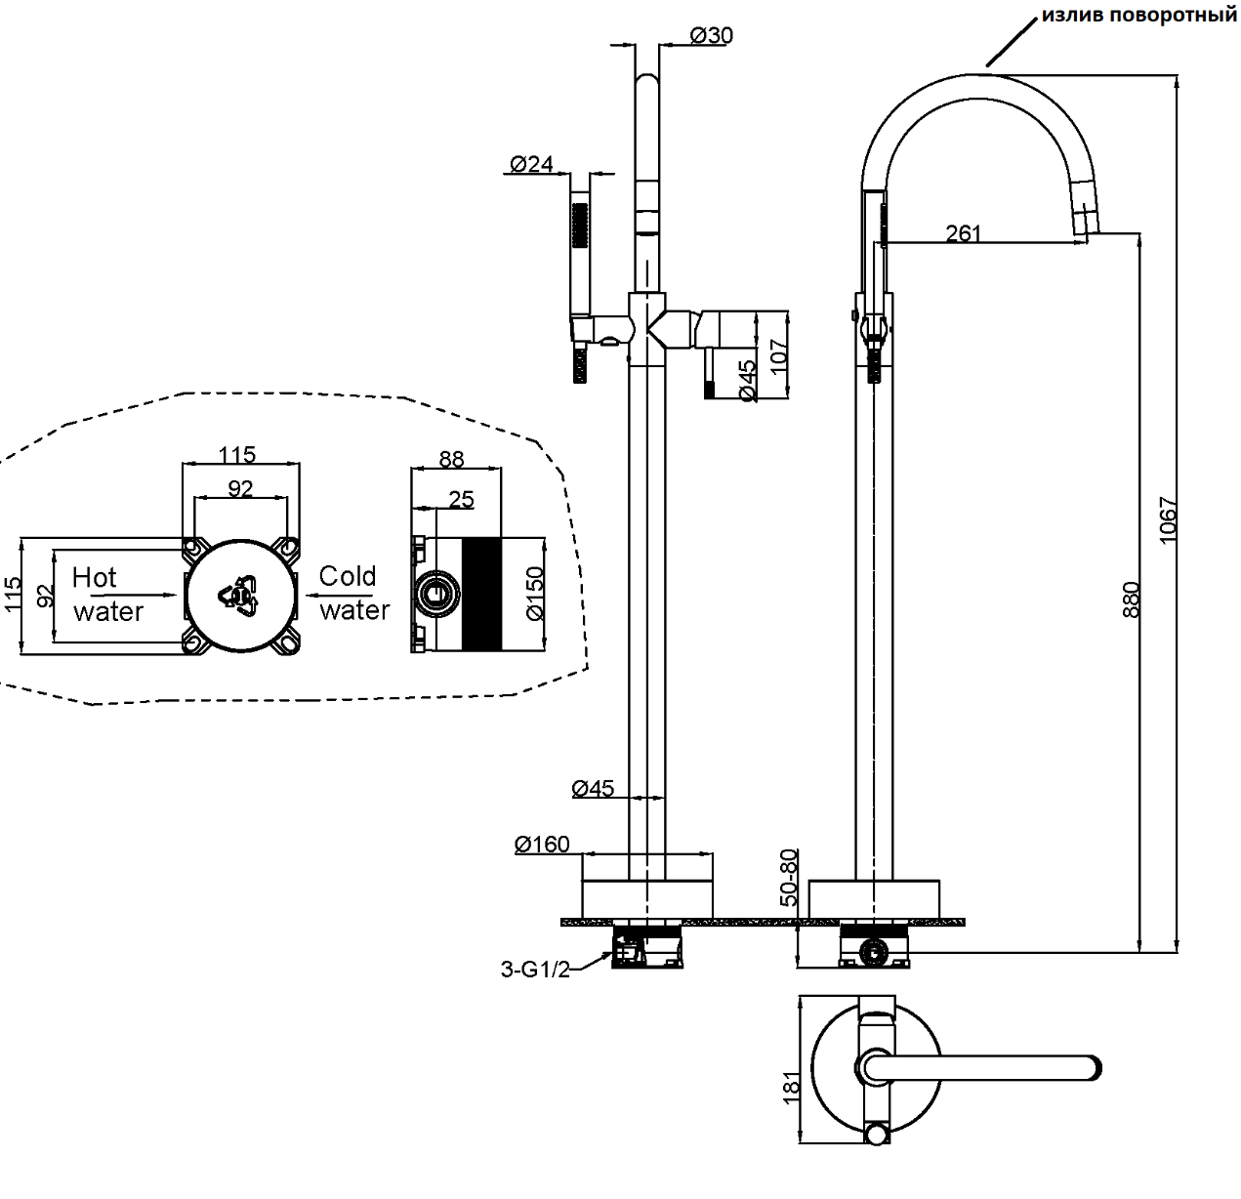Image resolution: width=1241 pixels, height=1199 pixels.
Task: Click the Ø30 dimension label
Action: [711, 35]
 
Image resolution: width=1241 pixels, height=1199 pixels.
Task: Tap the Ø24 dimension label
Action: [532, 163]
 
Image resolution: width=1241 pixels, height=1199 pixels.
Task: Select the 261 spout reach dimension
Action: [963, 232]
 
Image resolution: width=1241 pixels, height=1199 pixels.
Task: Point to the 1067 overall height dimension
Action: [1168, 520]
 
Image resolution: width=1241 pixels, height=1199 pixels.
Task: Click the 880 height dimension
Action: [1131, 599]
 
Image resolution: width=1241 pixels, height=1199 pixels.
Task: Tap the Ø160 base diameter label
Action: [542, 844]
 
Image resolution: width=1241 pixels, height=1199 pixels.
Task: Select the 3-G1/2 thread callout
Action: [534, 969]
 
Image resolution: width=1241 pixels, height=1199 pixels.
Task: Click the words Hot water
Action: [107, 594]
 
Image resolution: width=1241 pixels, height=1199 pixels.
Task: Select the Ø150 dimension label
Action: [534, 594]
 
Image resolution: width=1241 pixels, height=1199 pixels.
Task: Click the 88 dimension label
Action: [452, 458]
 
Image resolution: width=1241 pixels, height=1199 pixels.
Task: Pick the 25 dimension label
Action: [461, 499]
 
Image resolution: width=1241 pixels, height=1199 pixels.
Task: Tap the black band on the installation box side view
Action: [480, 594]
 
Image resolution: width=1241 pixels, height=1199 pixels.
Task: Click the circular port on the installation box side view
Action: [436, 594]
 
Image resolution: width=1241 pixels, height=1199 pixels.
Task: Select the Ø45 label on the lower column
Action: [593, 788]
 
